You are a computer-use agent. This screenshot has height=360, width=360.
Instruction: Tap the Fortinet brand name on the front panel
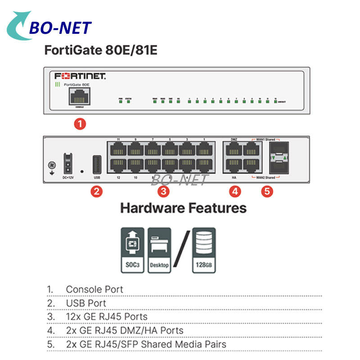80,76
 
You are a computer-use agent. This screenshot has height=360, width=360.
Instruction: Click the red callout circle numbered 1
80,124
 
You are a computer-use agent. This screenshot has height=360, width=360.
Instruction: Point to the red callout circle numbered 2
97,192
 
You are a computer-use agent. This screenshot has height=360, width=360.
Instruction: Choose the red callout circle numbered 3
163,192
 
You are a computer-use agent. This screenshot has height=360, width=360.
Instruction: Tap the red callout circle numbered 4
234,192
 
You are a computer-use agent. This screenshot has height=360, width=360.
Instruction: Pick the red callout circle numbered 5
267,192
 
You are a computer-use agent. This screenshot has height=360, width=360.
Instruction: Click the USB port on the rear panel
97,164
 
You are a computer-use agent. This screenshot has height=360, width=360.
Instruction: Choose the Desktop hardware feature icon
159,249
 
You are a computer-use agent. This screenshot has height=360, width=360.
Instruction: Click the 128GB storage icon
204,249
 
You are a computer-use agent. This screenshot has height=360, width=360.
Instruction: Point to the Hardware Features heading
183,208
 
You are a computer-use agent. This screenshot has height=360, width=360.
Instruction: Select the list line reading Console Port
94,289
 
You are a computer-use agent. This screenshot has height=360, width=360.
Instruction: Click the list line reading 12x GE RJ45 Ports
107,317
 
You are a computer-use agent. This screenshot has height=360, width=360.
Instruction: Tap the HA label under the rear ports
234,178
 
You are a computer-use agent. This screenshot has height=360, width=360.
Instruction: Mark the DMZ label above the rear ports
234,139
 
